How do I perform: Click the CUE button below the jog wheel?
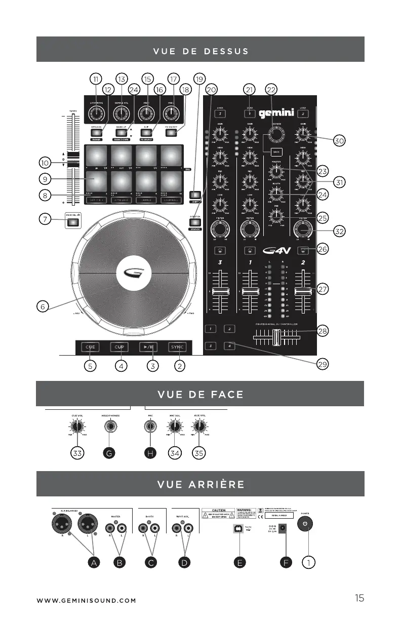pos(91,347)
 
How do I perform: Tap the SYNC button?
pos(177,347)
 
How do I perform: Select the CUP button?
pos(119,347)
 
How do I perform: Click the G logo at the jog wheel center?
pos(133,274)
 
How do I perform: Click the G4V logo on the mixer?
pos(278,250)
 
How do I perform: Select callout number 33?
pos(77,454)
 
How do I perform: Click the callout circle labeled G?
pos(108,454)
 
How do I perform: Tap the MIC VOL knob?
pos(174,427)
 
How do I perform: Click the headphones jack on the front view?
pos(107,427)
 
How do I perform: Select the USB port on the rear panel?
pos(236,528)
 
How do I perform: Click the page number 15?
pos(359,598)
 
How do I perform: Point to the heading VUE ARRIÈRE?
pos(200,484)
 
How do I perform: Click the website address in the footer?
pos(86,601)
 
